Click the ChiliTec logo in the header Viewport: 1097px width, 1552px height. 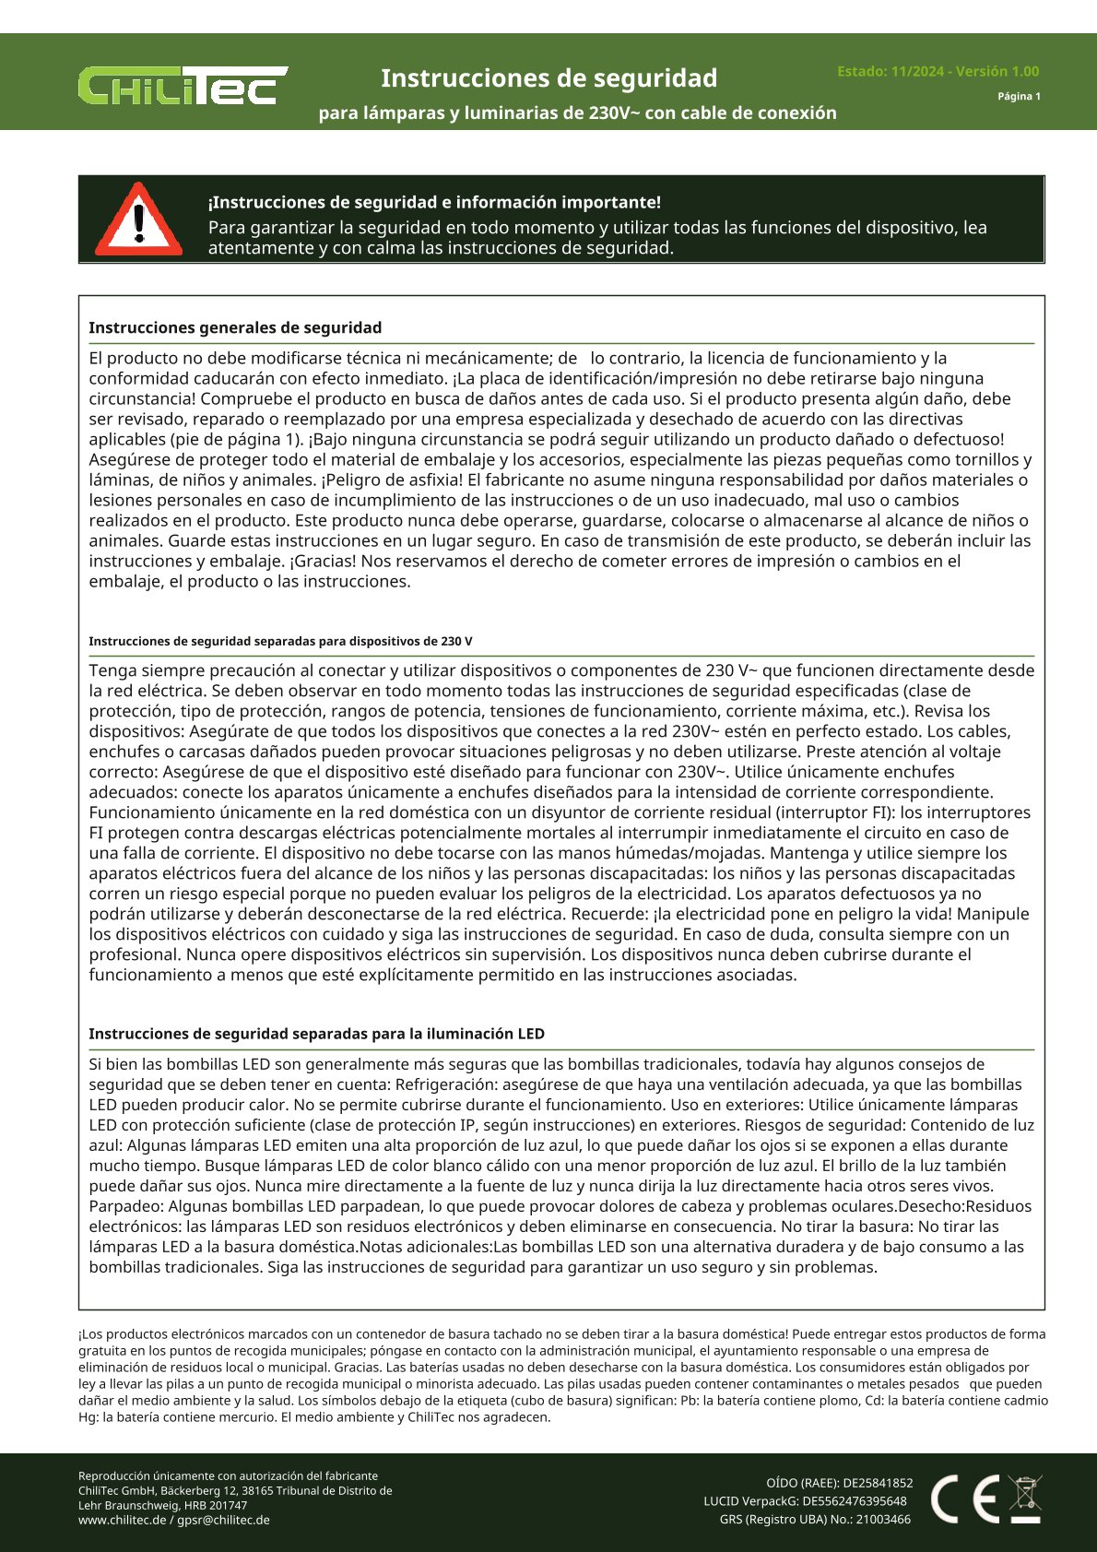(183, 85)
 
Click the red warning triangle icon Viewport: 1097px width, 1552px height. (139, 221)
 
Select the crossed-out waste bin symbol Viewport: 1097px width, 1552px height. (1025, 1499)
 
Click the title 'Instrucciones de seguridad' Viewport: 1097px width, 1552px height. (548, 78)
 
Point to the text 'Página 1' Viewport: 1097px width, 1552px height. (1019, 97)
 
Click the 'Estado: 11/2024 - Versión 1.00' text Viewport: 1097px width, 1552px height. (938, 72)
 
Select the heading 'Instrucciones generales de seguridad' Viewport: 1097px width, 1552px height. (235, 328)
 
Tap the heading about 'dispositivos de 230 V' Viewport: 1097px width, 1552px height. (280, 642)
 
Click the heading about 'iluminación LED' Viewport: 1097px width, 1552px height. (316, 1035)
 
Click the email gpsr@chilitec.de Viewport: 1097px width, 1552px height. (224, 1521)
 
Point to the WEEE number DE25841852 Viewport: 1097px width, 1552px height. (878, 1484)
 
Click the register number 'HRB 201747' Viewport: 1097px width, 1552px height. (214, 1506)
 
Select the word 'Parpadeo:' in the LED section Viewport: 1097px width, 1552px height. (124, 1207)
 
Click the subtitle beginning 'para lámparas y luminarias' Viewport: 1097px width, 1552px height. (577, 113)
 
